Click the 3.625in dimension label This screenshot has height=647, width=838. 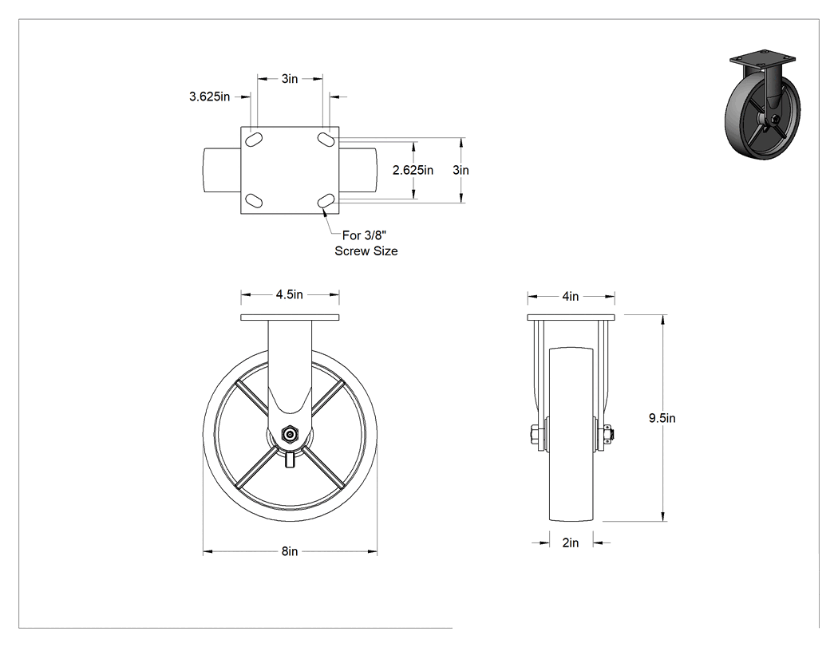point(209,97)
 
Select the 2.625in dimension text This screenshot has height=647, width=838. point(413,170)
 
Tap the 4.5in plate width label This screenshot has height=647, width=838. point(290,294)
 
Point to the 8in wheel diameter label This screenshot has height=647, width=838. point(290,550)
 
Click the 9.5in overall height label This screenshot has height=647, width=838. point(662,418)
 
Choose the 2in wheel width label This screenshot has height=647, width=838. point(571,542)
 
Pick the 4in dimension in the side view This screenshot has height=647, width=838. point(571,296)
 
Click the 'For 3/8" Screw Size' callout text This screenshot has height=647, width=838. point(366,243)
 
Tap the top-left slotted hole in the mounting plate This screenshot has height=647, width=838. point(253,139)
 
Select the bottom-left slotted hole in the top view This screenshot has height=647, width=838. point(253,201)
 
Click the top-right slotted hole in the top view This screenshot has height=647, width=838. point(326,139)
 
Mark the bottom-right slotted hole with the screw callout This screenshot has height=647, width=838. point(326,201)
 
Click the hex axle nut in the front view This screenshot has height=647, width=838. point(290,435)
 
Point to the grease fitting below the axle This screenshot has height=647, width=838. point(290,459)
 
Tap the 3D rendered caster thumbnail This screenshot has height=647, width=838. point(763,105)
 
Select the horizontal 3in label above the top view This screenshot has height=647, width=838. point(290,78)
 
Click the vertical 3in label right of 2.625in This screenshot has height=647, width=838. point(461,170)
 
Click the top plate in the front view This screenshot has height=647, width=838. point(290,318)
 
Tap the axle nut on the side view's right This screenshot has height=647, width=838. point(608,434)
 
